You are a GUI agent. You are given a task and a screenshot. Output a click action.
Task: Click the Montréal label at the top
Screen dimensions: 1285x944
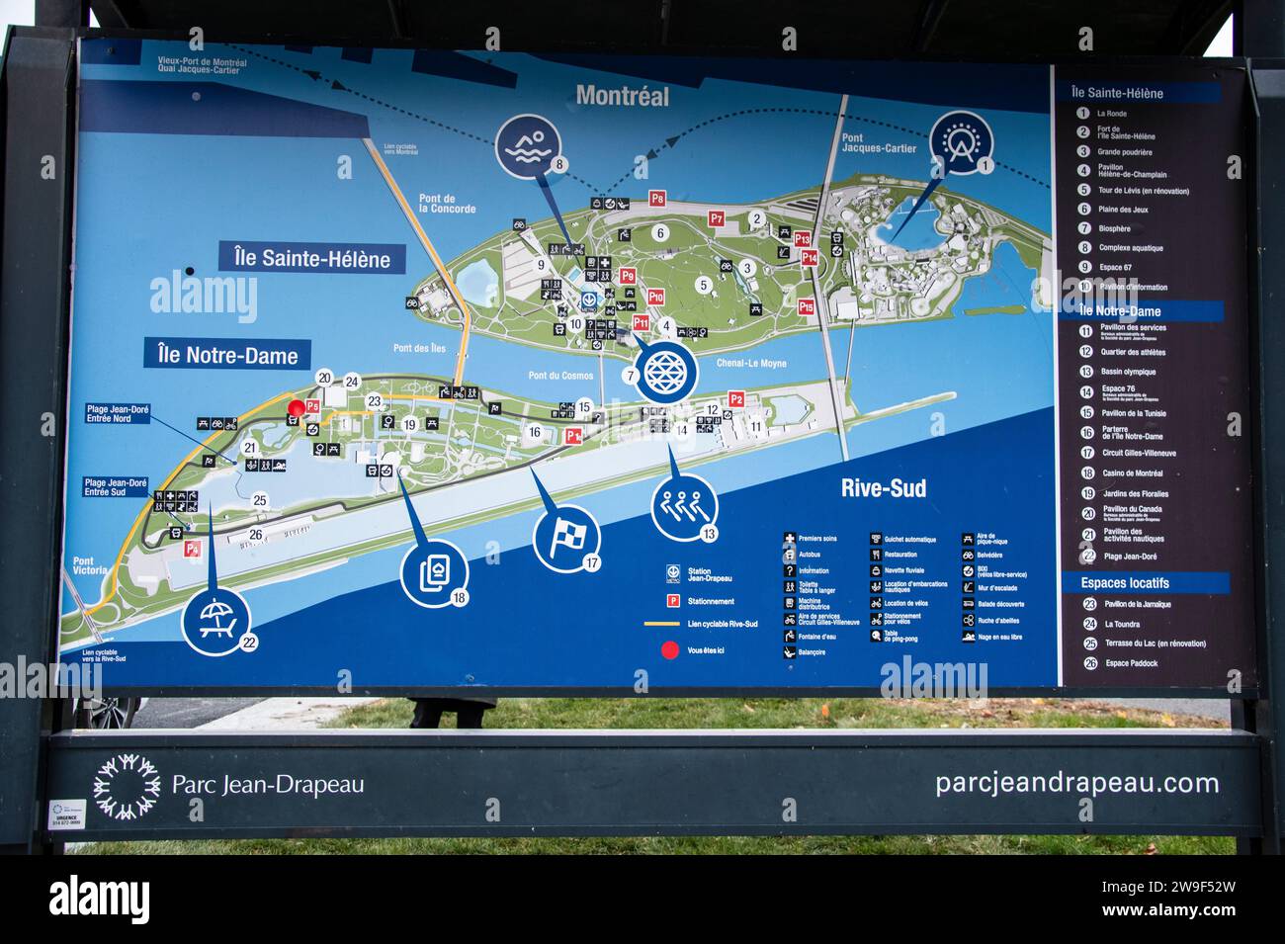[x=622, y=96]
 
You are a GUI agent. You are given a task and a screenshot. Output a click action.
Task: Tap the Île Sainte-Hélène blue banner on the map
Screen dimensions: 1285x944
[x=312, y=259]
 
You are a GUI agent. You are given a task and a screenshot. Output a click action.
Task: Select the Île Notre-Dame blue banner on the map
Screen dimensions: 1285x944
[x=226, y=355]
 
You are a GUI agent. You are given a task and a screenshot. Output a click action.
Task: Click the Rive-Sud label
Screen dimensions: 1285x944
[x=883, y=487]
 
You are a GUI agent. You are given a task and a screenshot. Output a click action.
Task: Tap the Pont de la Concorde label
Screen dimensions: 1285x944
[x=447, y=204]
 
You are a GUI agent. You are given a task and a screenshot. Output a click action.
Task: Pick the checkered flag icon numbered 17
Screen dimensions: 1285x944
[x=566, y=538]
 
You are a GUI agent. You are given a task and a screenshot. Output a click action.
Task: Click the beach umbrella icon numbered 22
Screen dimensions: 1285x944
[x=216, y=620]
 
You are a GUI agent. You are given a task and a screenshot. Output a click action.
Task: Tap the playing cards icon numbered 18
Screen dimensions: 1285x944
[x=434, y=572]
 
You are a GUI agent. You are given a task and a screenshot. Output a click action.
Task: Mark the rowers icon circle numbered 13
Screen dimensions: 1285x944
[x=684, y=507]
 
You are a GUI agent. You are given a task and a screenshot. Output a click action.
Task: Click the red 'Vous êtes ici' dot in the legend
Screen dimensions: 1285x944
[x=670, y=650]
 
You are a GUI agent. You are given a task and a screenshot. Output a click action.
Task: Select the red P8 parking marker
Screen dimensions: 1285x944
[x=657, y=199]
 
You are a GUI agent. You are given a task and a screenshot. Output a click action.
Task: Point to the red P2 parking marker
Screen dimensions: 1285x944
[x=735, y=399]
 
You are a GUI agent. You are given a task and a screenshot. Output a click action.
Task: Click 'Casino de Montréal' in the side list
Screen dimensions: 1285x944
[x=1133, y=473]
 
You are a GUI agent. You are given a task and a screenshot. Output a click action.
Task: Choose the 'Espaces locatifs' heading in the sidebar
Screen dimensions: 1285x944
[x=1125, y=583]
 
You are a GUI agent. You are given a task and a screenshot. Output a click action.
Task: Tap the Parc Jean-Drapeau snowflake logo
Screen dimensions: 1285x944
[x=127, y=786]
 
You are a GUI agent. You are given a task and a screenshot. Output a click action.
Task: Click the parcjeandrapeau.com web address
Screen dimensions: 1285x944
[x=1076, y=783]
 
